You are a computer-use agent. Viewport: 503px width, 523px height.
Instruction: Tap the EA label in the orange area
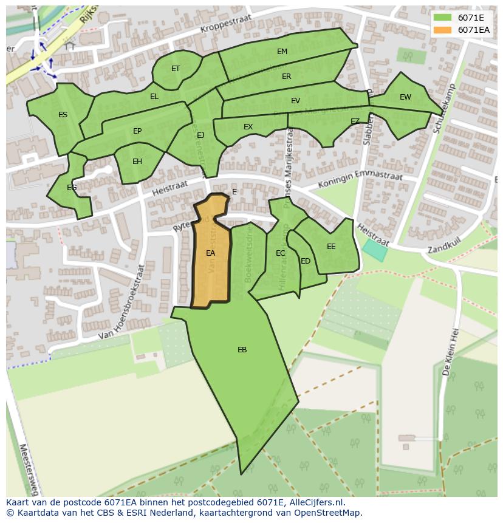(x=210, y=253)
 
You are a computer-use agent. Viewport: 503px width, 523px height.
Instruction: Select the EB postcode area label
(x=242, y=350)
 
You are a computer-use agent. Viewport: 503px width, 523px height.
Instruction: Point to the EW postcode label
(x=405, y=97)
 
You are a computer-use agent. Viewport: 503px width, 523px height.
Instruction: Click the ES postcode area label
(x=63, y=115)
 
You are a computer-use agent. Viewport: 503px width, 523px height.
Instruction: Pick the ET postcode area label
(x=176, y=69)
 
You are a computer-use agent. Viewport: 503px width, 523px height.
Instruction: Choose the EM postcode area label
(x=282, y=52)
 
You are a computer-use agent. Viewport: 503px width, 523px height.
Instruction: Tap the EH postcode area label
(x=137, y=162)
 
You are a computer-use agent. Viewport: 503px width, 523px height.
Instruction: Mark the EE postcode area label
(x=331, y=247)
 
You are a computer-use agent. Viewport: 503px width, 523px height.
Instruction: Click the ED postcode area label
(x=306, y=262)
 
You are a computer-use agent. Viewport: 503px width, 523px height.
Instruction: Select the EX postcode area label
(x=248, y=127)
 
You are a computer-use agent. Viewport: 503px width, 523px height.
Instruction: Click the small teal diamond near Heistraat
(x=374, y=250)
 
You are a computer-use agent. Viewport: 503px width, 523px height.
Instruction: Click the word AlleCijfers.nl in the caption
(x=317, y=502)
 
